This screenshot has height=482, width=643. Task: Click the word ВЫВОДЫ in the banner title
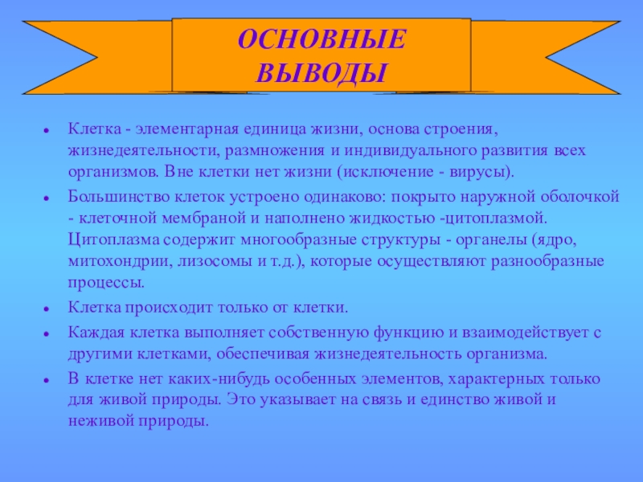pos(321,73)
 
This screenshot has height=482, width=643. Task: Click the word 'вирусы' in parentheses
pos(481,173)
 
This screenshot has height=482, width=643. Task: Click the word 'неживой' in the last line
pos(94,420)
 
